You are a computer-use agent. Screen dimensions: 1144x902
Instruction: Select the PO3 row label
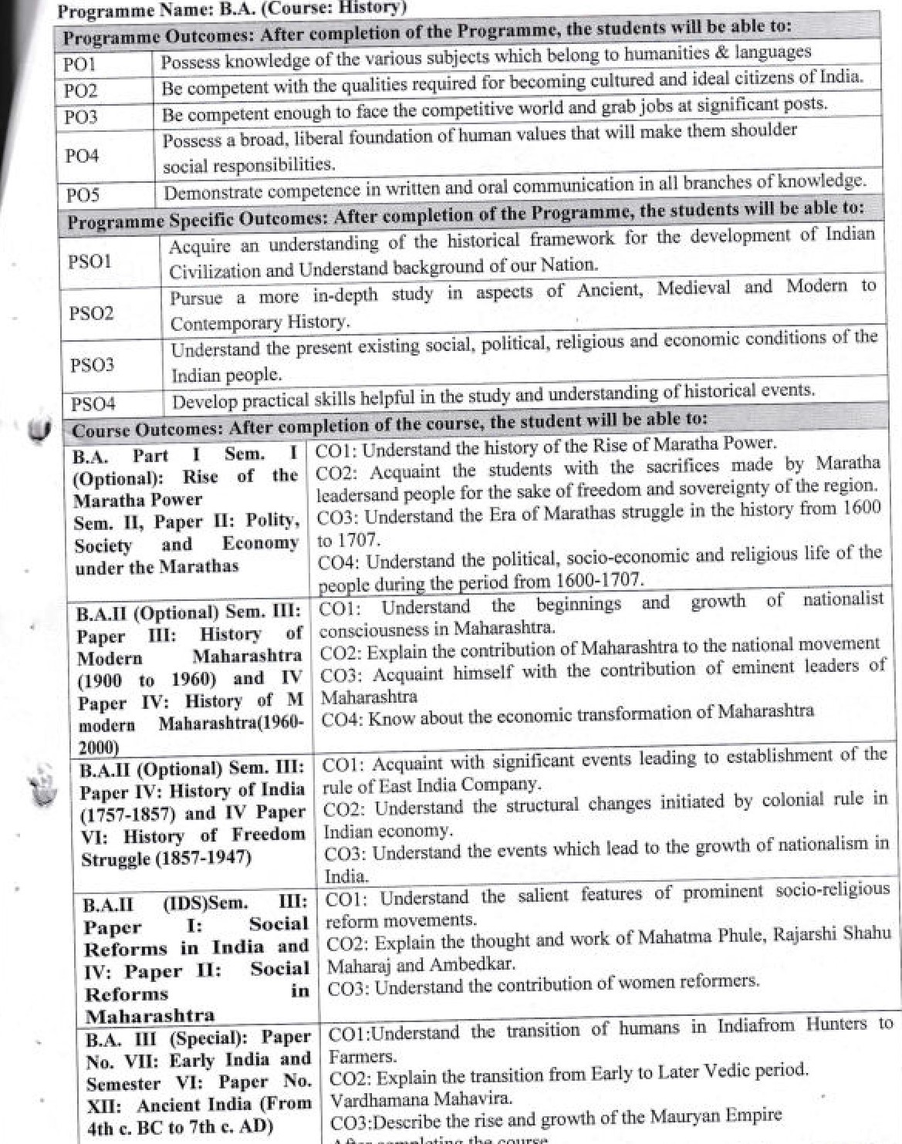pos(81,117)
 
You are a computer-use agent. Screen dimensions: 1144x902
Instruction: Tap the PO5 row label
pos(83,194)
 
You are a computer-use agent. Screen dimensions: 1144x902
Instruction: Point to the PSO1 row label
pos(90,262)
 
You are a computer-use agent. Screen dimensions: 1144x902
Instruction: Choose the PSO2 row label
pos(91,313)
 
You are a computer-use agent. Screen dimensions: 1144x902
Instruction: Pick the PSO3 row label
pos(93,365)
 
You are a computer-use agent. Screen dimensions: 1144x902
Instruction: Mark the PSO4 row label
pos(93,403)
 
